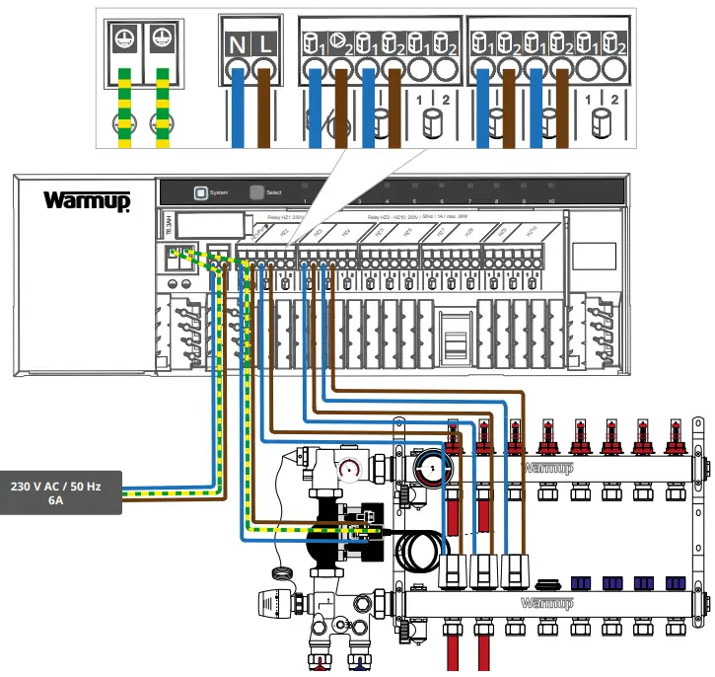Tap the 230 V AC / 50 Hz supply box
pyautogui.click(x=63, y=492)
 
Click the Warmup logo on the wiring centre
pyautogui.click(x=86, y=200)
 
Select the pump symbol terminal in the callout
pyautogui.click(x=339, y=43)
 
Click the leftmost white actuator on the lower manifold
pyautogui.click(x=455, y=569)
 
